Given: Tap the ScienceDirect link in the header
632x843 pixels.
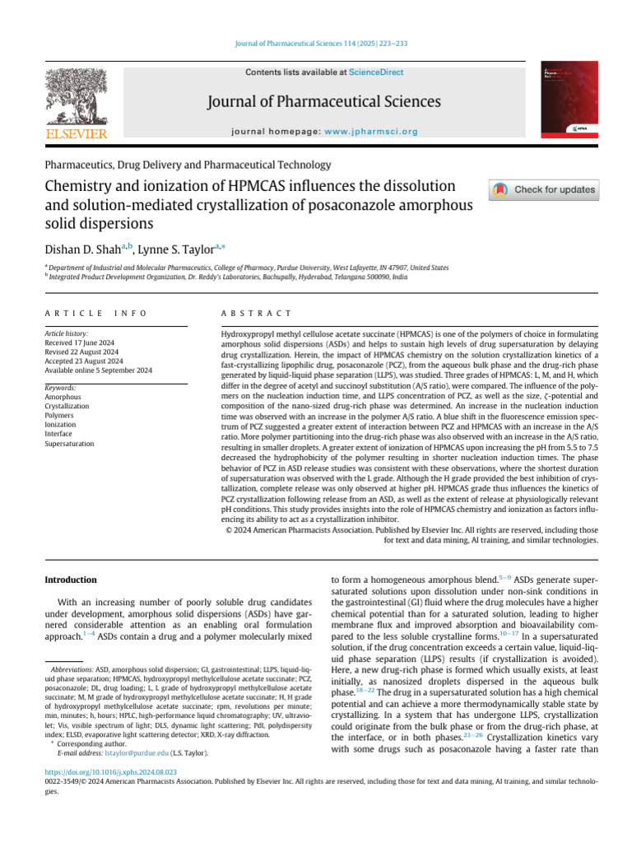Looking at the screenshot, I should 376,72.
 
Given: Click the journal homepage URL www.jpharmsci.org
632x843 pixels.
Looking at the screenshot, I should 371,131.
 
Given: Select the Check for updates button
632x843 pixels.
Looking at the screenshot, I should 544,189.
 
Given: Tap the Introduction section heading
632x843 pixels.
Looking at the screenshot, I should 70,580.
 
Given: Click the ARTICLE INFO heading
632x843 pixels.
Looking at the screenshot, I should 96,314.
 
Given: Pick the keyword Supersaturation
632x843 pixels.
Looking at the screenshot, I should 69,444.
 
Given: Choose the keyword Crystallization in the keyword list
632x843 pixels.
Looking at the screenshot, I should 67,407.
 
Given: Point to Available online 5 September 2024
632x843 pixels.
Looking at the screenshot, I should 98,370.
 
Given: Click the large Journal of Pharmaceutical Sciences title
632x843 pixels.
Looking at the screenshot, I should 324,101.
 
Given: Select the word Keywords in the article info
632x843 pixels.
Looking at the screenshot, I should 60,387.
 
